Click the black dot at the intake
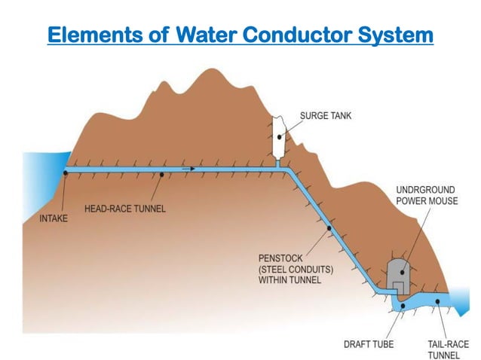66,172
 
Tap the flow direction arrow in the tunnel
188,169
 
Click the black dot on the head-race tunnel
162,175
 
